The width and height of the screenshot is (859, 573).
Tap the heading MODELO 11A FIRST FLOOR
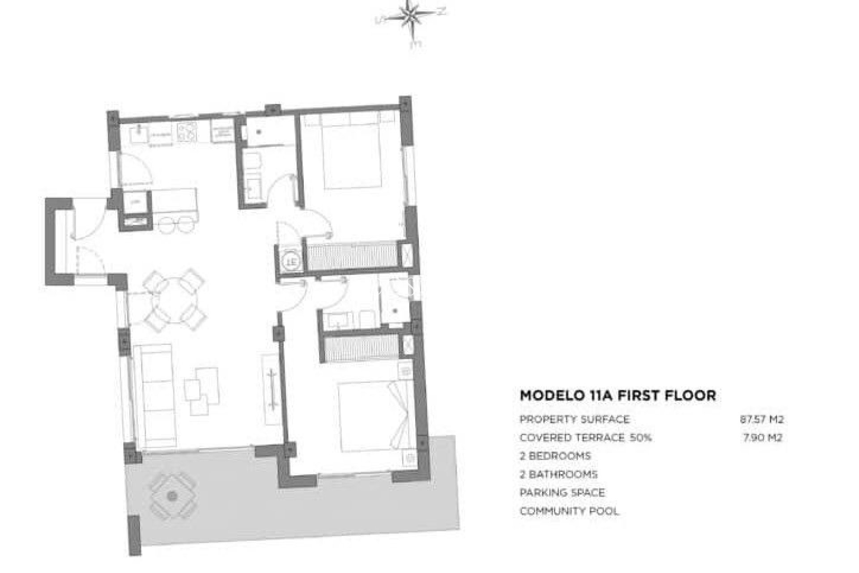coord(617,396)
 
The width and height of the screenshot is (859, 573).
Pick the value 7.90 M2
coord(762,438)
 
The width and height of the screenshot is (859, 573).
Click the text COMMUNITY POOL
coord(569,511)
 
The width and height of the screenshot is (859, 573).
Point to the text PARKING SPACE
coord(562,493)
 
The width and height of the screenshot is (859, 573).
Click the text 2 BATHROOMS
coord(558,475)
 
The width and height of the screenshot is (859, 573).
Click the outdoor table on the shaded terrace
coord(172,496)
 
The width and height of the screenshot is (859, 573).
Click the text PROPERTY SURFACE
coord(574,419)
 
